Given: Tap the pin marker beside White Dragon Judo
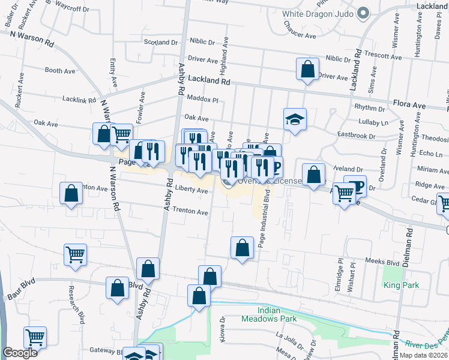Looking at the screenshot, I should pyautogui.click(x=362, y=13).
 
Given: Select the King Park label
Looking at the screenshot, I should pyautogui.click(x=402, y=285).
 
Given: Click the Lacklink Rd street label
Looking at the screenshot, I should pyautogui.click(x=79, y=100).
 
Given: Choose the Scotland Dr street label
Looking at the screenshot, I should pyautogui.click(x=161, y=43).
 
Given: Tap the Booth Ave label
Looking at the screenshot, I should pyautogui.click(x=59, y=71).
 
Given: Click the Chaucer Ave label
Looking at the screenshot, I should pyautogui.click(x=300, y=36).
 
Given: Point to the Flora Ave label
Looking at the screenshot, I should pyautogui.click(x=410, y=106).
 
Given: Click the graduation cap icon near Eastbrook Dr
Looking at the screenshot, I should pyautogui.click(x=295, y=119).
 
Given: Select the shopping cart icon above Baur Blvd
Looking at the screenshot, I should pyautogui.click(x=75, y=254).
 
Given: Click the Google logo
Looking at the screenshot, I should pyautogui.click(x=20, y=353).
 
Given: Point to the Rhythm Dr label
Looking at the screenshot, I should pyautogui.click(x=369, y=109).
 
